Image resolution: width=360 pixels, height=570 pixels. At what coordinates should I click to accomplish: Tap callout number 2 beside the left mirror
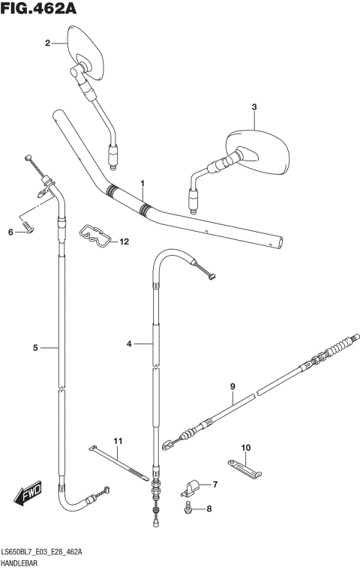tap(47, 43)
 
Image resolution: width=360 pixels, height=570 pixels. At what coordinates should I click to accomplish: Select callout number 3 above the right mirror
tap(254, 107)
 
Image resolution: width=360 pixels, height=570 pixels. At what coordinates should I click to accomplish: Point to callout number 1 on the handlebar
tap(142, 183)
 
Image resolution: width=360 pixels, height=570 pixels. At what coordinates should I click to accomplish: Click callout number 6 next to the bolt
tap(11, 232)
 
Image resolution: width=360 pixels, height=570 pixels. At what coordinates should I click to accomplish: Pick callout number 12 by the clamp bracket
tap(124, 241)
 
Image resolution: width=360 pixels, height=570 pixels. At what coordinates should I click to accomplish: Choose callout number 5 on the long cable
tap(35, 347)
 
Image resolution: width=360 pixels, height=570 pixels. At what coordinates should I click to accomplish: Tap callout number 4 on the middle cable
tap(129, 343)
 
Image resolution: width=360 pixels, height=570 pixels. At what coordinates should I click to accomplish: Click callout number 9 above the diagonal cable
tap(232, 386)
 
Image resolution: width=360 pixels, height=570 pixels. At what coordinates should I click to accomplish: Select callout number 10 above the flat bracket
tap(244, 448)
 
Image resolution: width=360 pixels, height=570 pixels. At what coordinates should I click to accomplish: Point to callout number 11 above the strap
tap(117, 439)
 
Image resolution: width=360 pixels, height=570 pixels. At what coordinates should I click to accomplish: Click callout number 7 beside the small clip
tap(214, 484)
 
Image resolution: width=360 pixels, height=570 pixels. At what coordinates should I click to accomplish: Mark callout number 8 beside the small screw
tap(209, 509)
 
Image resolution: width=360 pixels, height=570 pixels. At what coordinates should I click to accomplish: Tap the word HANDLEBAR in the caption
tap(25, 562)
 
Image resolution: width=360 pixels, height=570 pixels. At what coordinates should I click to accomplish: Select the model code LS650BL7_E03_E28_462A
tap(43, 552)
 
